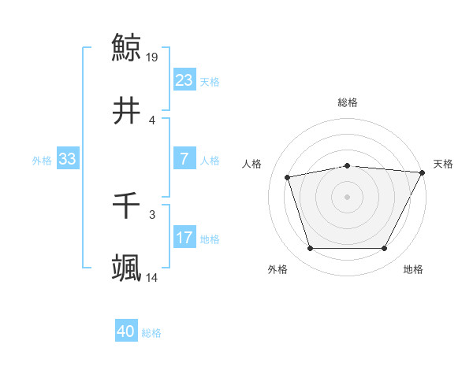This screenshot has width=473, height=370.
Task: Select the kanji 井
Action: pos(127,111)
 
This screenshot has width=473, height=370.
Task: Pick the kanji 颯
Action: pos(127,268)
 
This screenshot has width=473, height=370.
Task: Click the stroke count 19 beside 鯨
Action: pos(153,57)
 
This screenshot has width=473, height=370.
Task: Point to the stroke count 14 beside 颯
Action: pos(153,278)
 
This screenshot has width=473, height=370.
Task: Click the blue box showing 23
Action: pos(184,80)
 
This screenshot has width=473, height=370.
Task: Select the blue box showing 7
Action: pos(184,159)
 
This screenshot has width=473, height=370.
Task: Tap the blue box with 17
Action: pos(184,238)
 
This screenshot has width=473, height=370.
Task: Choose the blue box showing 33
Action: pos(67,159)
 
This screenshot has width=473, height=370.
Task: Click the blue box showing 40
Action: pos(126,332)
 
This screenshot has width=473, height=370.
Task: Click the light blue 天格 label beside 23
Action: pos(210,82)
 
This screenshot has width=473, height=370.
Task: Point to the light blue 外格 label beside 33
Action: pos(42,161)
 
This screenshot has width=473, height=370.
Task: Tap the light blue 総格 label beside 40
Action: pos(151,334)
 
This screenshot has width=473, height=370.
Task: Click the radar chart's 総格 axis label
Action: pos(348,102)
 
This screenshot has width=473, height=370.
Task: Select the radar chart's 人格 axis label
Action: pos(252,164)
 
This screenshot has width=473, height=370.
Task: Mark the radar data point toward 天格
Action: pos(423,172)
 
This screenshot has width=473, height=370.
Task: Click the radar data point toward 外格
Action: pos(310,249)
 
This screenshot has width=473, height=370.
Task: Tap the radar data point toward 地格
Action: pos(385,249)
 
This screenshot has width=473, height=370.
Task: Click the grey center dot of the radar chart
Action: pos(348,197)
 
